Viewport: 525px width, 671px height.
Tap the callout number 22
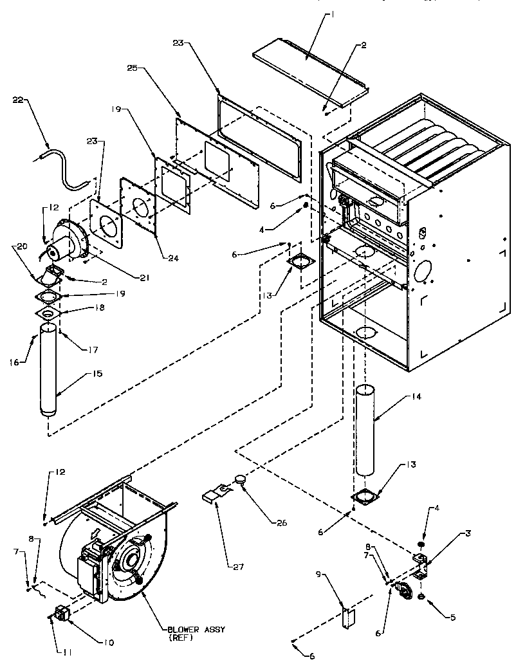tap(18, 99)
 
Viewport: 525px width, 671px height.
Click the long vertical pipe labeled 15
tap(49, 373)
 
